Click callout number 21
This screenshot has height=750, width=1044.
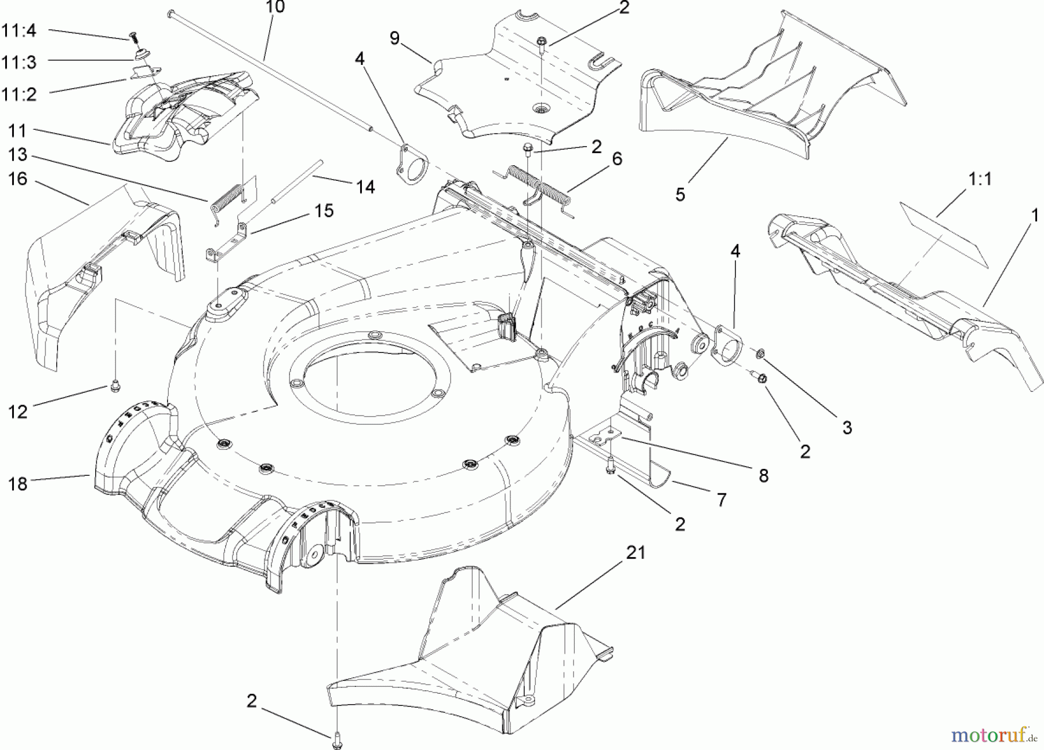[x=636, y=552]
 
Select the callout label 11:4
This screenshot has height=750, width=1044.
[x=19, y=31]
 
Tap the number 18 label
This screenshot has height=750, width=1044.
[x=18, y=483]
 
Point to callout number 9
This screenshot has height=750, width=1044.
[x=394, y=38]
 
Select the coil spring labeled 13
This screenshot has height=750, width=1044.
[x=227, y=199]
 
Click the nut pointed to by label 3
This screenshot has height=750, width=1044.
[x=761, y=353]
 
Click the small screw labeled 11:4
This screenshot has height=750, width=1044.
[x=132, y=37]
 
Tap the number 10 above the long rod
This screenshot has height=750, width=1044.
[x=275, y=8]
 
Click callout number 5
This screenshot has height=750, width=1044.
[x=680, y=195]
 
